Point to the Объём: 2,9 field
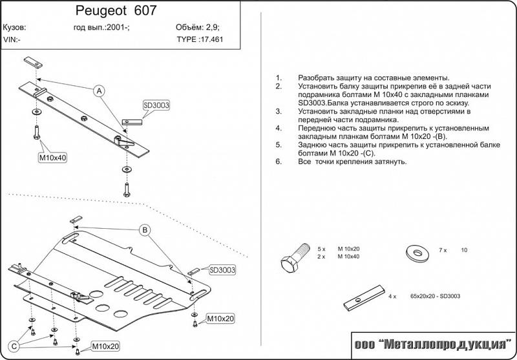(x=198, y=28)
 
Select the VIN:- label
(x=12, y=39)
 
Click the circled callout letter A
(x=100, y=90)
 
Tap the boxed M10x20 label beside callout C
(x=103, y=346)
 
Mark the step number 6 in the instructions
(x=278, y=162)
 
